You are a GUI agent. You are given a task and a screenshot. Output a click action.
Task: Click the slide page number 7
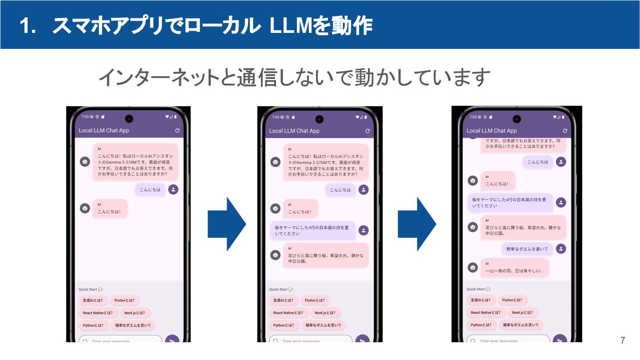click(623, 341)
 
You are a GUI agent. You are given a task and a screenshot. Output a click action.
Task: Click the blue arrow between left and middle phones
click(227, 224)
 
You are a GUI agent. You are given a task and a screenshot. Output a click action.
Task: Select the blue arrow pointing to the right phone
click(416, 224)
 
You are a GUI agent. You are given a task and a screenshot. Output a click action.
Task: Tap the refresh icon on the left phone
click(177, 131)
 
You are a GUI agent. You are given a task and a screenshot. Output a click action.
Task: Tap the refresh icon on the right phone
click(565, 131)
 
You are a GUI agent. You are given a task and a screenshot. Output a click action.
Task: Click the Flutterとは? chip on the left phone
click(125, 300)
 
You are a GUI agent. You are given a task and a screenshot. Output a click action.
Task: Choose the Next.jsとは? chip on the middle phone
click(325, 313)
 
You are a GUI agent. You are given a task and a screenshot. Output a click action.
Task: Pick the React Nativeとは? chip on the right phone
click(486, 312)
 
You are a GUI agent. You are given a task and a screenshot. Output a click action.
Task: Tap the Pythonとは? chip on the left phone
click(93, 325)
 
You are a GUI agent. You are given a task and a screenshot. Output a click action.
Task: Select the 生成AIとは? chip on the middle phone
click(284, 300)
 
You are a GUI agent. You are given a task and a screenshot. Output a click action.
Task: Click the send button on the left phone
click(172, 340)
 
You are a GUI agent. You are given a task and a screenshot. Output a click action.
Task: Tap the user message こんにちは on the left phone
click(150, 190)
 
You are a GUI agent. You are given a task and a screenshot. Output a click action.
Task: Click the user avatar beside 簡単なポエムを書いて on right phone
click(561, 249)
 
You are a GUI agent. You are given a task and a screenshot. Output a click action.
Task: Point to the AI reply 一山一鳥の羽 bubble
click(514, 268)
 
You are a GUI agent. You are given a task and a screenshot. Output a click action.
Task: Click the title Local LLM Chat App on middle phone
click(294, 131)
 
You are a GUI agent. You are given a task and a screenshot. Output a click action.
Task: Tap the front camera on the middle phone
click(319, 119)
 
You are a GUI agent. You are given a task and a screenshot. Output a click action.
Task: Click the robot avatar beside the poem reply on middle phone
click(276, 255)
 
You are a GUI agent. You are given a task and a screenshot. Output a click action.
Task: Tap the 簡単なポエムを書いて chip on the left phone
click(133, 325)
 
